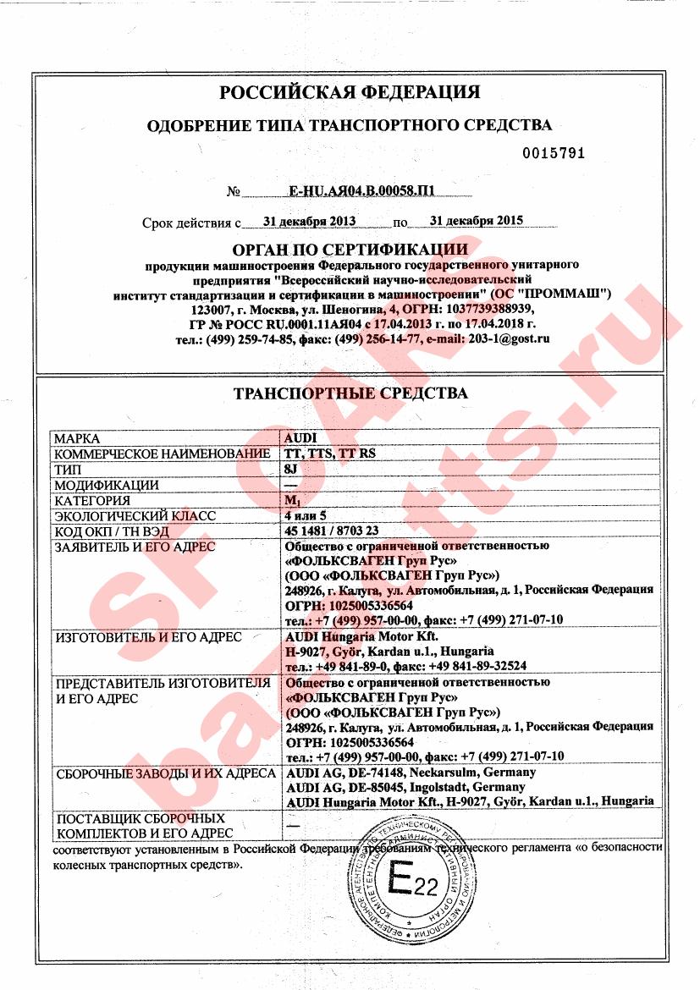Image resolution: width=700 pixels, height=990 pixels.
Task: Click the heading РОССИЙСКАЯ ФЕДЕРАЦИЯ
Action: [x=350, y=92]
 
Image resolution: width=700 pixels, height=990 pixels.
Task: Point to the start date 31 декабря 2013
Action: [x=309, y=221]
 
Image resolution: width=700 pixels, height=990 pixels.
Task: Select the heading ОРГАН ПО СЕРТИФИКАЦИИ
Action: [x=350, y=250]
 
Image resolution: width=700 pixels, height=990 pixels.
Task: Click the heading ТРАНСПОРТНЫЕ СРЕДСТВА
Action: [x=350, y=393]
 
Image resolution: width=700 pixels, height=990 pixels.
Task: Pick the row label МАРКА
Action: [x=77, y=439]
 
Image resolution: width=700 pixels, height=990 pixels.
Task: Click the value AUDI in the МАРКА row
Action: [x=300, y=439]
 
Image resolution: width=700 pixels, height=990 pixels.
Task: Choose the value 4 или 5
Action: [x=306, y=516]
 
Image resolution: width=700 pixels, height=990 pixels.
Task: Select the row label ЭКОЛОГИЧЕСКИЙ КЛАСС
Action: [x=135, y=516]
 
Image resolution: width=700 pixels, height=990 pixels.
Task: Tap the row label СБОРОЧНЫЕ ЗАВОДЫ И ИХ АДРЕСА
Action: [x=164, y=773]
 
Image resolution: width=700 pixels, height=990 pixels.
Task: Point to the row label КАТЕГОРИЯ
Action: [x=96, y=501]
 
